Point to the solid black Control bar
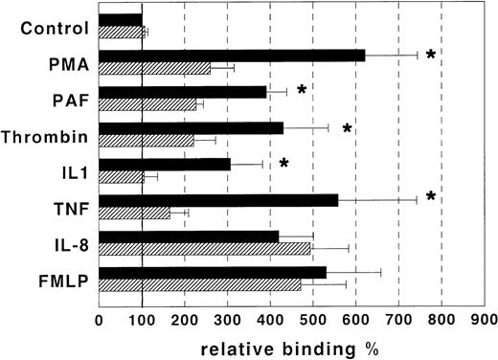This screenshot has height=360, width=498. pyautogui.click(x=121, y=19)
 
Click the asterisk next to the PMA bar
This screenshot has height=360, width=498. pyautogui.click(x=431, y=56)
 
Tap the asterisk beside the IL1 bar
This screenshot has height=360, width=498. pyautogui.click(x=283, y=164)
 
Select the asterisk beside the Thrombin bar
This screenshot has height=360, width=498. pyautogui.click(x=348, y=128)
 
